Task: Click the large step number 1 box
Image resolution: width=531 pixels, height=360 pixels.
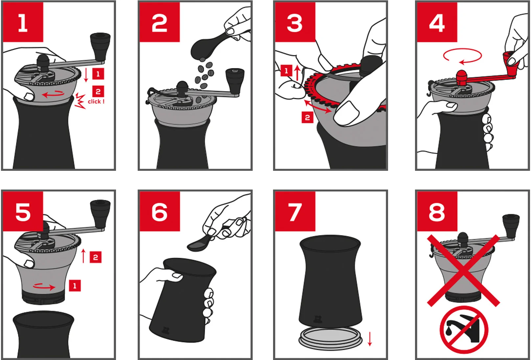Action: [x=23, y=22]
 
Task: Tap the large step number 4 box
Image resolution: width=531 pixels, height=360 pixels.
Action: [x=437, y=22]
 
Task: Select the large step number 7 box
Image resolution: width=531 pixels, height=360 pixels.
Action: [x=295, y=212]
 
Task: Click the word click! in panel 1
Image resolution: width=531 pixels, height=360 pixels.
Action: [x=96, y=101]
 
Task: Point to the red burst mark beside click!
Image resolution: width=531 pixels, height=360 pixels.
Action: [x=80, y=101]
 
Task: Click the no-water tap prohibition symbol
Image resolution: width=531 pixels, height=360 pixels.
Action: [x=464, y=329]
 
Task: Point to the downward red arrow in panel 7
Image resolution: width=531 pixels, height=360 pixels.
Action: [x=370, y=339]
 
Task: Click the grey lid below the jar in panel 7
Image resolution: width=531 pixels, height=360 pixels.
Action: [x=331, y=337]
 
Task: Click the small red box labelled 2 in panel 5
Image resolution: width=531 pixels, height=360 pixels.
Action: [x=96, y=257]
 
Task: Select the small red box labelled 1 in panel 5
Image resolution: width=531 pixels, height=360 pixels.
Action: [x=75, y=285]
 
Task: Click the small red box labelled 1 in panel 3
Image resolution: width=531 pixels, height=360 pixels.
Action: [x=286, y=70]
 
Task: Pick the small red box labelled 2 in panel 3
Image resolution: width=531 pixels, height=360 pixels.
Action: [x=308, y=117]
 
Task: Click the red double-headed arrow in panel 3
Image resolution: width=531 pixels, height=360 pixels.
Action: [x=317, y=106]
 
